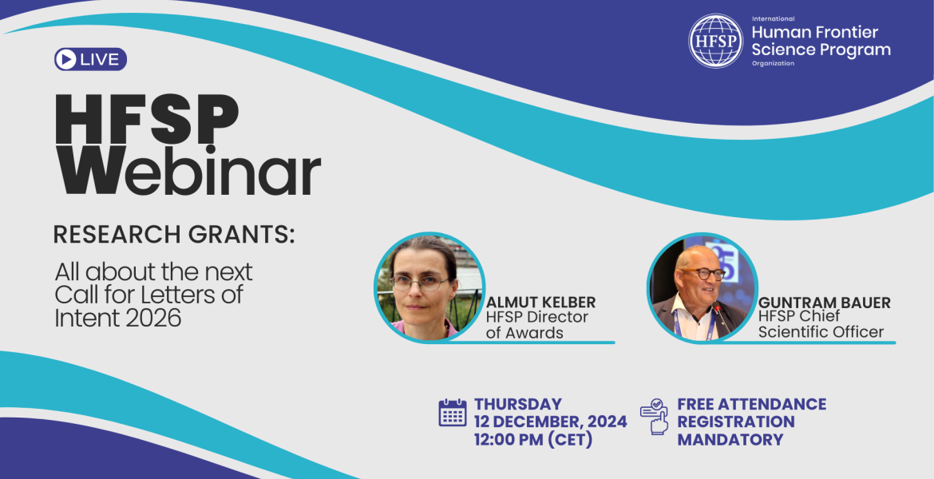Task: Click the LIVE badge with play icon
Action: pyautogui.click(x=90, y=60)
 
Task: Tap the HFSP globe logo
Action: pyautogui.click(x=715, y=41)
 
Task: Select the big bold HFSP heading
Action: pyautogui.click(x=147, y=119)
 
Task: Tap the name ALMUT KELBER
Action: pyautogui.click(x=541, y=302)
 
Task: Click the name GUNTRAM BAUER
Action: pyautogui.click(x=825, y=302)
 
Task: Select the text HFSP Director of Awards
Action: pyautogui.click(x=536, y=325)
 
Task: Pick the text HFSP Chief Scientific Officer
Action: pyautogui.click(x=821, y=324)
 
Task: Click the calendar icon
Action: pyautogui.click(x=453, y=413)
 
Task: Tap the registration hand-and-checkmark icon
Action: pyautogui.click(x=655, y=417)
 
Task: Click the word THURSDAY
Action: pyautogui.click(x=518, y=404)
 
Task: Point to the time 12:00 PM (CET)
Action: pyautogui.click(x=533, y=440)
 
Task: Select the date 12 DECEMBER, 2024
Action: pyautogui.click(x=550, y=422)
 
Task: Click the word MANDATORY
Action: pyautogui.click(x=730, y=440)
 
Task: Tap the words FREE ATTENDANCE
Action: pyautogui.click(x=752, y=404)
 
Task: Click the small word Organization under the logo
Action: pyautogui.click(x=773, y=63)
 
